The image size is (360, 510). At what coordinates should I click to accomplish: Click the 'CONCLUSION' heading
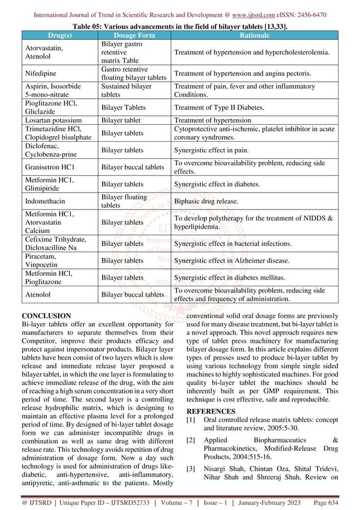(46, 316)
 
